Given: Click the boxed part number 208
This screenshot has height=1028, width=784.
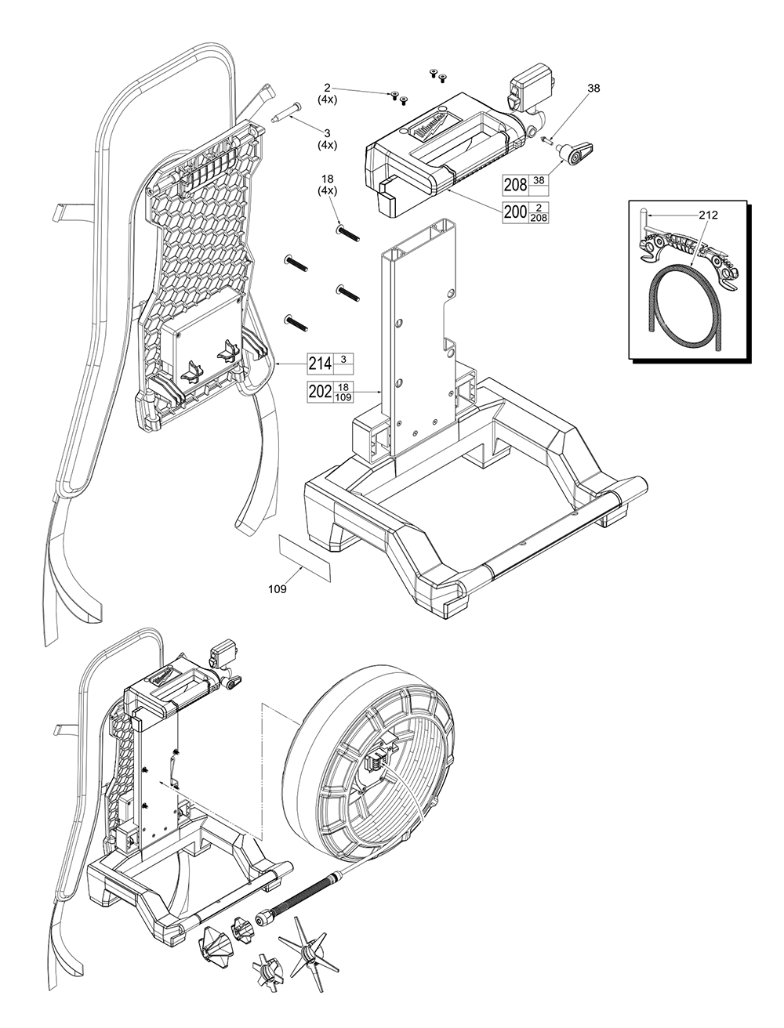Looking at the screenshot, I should point(515,185).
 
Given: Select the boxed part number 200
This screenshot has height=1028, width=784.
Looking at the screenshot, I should point(516,212).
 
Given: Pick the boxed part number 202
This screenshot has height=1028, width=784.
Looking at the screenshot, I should point(320,392).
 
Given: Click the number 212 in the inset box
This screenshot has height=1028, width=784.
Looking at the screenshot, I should point(708,214).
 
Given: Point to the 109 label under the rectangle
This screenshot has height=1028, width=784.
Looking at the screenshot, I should point(276,589).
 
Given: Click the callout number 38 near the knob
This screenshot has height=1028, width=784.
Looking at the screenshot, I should point(593,89).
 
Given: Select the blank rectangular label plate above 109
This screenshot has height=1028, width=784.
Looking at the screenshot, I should point(305,556).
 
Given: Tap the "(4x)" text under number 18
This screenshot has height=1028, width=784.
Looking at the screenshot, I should point(327,190).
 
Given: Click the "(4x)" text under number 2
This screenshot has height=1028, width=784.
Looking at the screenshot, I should point(328,100).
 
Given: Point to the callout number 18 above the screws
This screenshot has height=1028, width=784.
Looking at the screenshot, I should point(327,179).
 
